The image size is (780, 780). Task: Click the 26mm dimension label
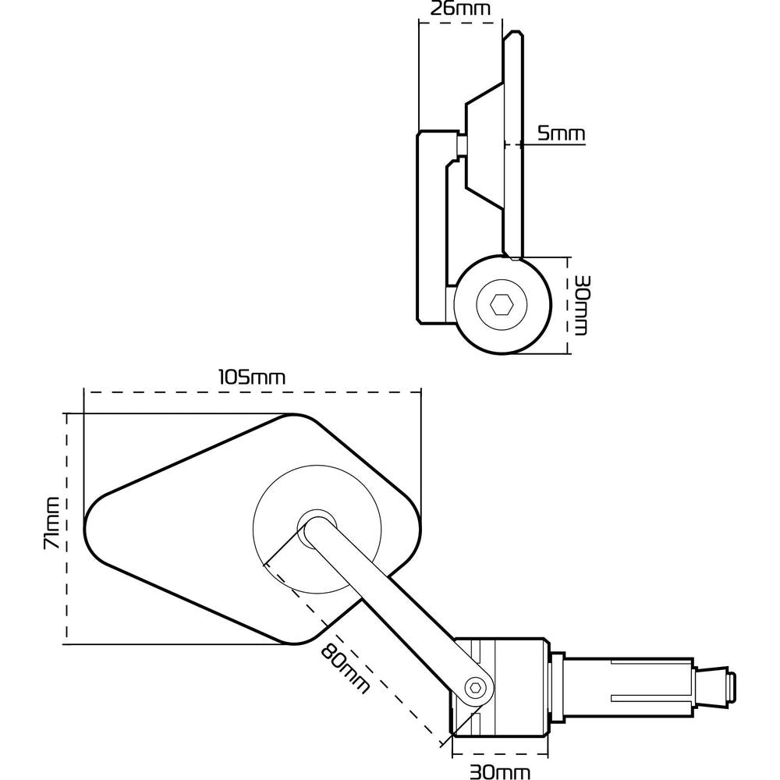(460, 9)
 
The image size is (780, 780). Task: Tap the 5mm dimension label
(561, 134)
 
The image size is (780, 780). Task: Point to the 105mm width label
(250, 377)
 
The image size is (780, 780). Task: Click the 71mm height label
(51, 523)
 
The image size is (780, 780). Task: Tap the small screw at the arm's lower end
(474, 687)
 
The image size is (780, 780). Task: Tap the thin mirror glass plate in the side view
(512, 145)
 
